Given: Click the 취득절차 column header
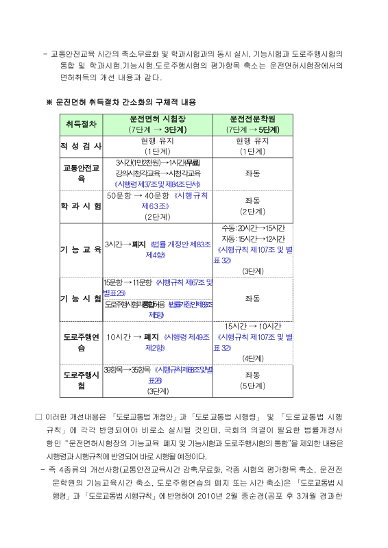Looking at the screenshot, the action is click(x=82, y=124).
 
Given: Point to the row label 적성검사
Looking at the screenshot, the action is click(x=82, y=146).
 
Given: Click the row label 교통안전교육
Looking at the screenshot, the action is click(x=82, y=173).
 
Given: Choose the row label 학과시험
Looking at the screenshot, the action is click(x=82, y=206).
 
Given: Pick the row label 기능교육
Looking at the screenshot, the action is click(x=82, y=249).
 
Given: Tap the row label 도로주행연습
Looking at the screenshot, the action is click(x=82, y=342).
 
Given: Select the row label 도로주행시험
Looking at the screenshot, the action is click(x=82, y=380).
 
